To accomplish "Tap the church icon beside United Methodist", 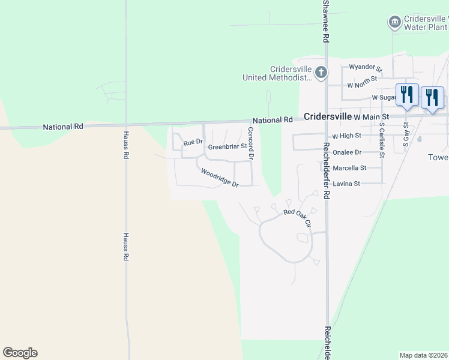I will click(321, 73).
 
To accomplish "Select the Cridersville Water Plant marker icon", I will click(395, 23).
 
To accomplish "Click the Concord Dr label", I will click(252, 143).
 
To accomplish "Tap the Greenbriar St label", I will click(227, 146).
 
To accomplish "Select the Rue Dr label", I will click(193, 142).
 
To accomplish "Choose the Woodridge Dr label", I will click(220, 178).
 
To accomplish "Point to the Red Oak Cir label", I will click(298, 217).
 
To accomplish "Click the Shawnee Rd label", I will click(326, 20).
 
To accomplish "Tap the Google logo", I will click(20, 352).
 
